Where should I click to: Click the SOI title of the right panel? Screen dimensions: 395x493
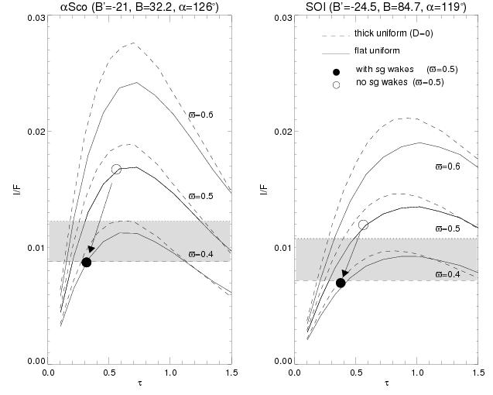(x=383, y=8)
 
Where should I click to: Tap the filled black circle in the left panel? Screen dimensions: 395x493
(x=87, y=262)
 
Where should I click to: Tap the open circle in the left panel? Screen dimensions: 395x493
(x=116, y=169)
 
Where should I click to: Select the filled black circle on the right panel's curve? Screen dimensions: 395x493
(x=341, y=283)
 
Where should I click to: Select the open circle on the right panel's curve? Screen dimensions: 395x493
(x=363, y=225)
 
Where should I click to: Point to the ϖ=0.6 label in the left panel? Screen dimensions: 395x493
(x=202, y=115)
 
